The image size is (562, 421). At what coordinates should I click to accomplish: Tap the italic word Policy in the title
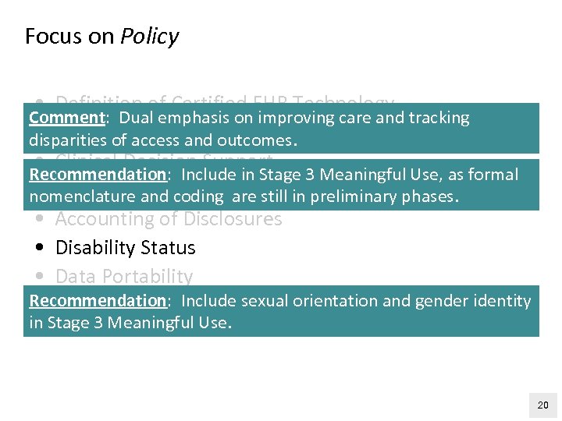click(149, 37)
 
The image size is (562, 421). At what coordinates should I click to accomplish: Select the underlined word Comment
click(67, 118)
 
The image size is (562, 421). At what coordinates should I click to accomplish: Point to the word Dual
click(138, 118)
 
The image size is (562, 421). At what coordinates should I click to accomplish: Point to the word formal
click(493, 174)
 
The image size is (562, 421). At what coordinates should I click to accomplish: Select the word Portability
click(148, 277)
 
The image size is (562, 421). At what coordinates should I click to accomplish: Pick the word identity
click(503, 301)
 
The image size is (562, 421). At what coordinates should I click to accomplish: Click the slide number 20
click(543, 405)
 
